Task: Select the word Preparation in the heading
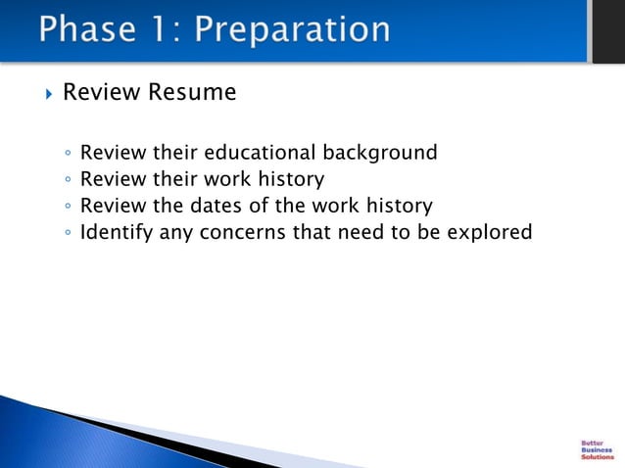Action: point(292,29)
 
